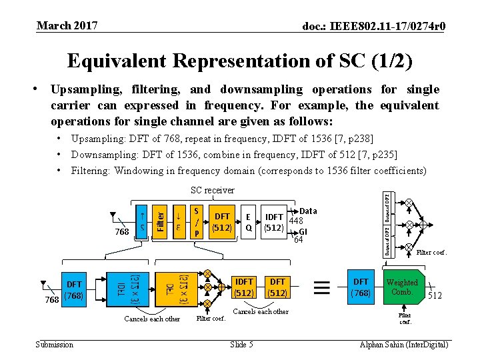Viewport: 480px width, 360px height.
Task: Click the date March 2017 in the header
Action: (67, 26)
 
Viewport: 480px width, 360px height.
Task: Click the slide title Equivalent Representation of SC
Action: (240, 61)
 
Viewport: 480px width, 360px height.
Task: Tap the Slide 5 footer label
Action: (241, 344)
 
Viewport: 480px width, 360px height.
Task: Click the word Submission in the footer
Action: (55, 344)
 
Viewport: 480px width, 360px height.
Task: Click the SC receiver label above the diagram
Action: (212, 190)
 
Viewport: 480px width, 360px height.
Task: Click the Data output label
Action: (308, 211)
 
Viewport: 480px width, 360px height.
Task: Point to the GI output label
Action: (303, 231)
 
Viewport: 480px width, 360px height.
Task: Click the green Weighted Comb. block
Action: (402, 287)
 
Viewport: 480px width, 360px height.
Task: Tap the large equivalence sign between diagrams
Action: (321, 287)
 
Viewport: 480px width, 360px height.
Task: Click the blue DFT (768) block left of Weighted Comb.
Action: (361, 287)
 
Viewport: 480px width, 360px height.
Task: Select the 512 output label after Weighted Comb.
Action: (435, 295)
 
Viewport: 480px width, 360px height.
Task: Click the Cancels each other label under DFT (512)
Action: (261, 311)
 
